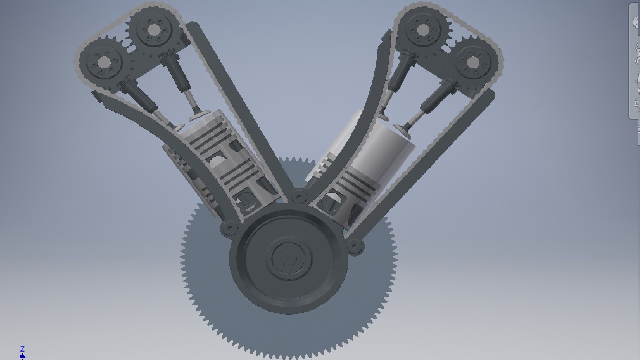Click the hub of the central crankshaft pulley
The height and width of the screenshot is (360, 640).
click(x=288, y=257)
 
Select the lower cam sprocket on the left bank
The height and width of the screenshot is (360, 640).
click(x=104, y=62)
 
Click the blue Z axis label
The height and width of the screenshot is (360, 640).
click(x=22, y=349)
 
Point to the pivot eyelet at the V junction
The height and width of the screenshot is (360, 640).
click(x=299, y=196)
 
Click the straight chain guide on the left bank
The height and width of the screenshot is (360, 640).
click(x=233, y=100)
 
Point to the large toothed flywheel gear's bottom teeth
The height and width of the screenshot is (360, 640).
click(x=287, y=353)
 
